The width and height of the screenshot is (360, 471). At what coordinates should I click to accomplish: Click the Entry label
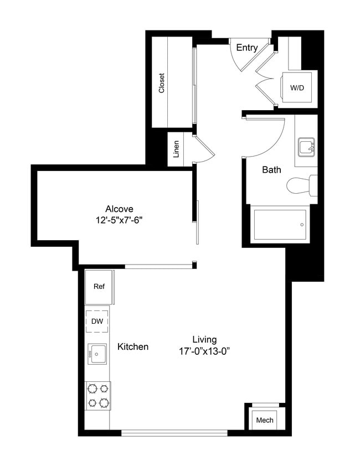coord(246,48)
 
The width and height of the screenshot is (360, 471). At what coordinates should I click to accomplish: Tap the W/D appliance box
coord(297,87)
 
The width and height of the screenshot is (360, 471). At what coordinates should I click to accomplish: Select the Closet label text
coord(162,83)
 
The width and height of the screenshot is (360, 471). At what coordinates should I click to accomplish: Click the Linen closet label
coord(176,149)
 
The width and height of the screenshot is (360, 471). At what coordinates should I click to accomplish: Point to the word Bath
coord(271,170)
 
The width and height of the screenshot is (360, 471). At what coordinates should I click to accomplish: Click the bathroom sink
coord(306,147)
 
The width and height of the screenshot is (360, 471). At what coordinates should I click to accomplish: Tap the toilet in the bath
coord(302,185)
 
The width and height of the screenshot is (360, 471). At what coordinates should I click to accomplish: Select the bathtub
coord(280,224)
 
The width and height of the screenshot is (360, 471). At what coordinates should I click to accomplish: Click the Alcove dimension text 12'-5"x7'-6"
coord(120,220)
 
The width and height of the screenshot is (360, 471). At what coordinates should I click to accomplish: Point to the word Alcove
coord(119,209)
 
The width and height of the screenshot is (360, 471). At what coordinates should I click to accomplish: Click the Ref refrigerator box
coord(99,287)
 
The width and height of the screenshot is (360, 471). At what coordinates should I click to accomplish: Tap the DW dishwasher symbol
coord(97,321)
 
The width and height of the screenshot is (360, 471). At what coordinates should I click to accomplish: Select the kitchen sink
coord(97,353)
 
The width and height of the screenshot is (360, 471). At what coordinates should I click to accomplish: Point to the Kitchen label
coord(133,347)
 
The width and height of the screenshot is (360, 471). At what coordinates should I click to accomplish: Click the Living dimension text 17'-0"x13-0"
coord(204,351)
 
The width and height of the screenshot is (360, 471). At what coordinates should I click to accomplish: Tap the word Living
coord(204,339)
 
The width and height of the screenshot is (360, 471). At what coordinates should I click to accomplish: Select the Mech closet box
coord(265,420)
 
